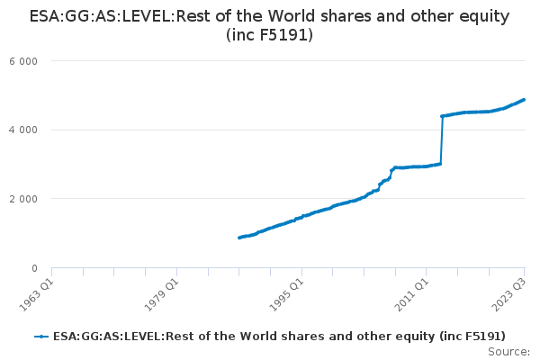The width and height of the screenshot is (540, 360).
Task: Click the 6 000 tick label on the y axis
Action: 23,61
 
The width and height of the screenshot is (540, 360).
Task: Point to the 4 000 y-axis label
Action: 23,130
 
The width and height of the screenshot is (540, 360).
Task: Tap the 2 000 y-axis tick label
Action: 23,199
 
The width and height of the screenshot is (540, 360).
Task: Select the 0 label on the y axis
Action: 34,268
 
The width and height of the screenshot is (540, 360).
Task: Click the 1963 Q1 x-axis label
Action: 36,294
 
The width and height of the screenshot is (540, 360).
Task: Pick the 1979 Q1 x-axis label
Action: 161,294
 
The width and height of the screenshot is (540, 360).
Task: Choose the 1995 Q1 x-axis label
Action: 286,294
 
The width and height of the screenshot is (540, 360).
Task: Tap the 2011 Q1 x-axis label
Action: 411,294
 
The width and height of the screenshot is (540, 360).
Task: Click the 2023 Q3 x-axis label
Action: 509,294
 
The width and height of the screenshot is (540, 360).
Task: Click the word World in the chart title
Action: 292,16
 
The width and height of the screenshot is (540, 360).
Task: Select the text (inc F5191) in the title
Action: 270,35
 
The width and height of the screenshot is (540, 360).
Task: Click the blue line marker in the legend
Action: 41,337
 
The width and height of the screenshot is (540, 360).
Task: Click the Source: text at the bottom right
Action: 509,352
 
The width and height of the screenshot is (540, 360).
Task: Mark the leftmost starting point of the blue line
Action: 239,238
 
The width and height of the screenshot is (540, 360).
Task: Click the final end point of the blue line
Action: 524,100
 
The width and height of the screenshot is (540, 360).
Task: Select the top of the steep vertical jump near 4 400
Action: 442,116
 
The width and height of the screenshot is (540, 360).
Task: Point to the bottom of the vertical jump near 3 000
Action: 440,164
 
